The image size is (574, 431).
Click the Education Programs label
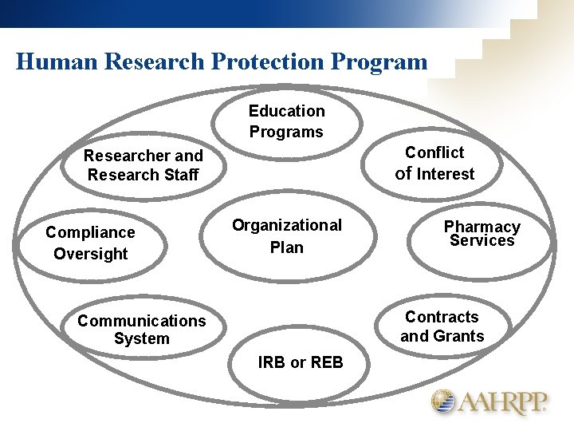[286, 121]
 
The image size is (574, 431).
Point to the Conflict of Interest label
[434, 163]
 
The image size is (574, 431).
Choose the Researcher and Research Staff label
[143, 165]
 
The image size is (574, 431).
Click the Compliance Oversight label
[90, 243]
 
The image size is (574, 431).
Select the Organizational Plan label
[286, 236]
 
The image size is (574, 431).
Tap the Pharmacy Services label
[482, 234]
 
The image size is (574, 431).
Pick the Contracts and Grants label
[442, 326]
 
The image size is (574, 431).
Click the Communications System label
[141, 330]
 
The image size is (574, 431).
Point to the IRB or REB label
[301, 362]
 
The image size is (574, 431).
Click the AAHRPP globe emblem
[444, 401]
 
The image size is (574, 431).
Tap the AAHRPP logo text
[502, 403]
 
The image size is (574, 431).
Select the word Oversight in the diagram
[90, 254]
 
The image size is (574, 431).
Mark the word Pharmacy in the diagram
[482, 227]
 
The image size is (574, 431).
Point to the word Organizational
[286, 226]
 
